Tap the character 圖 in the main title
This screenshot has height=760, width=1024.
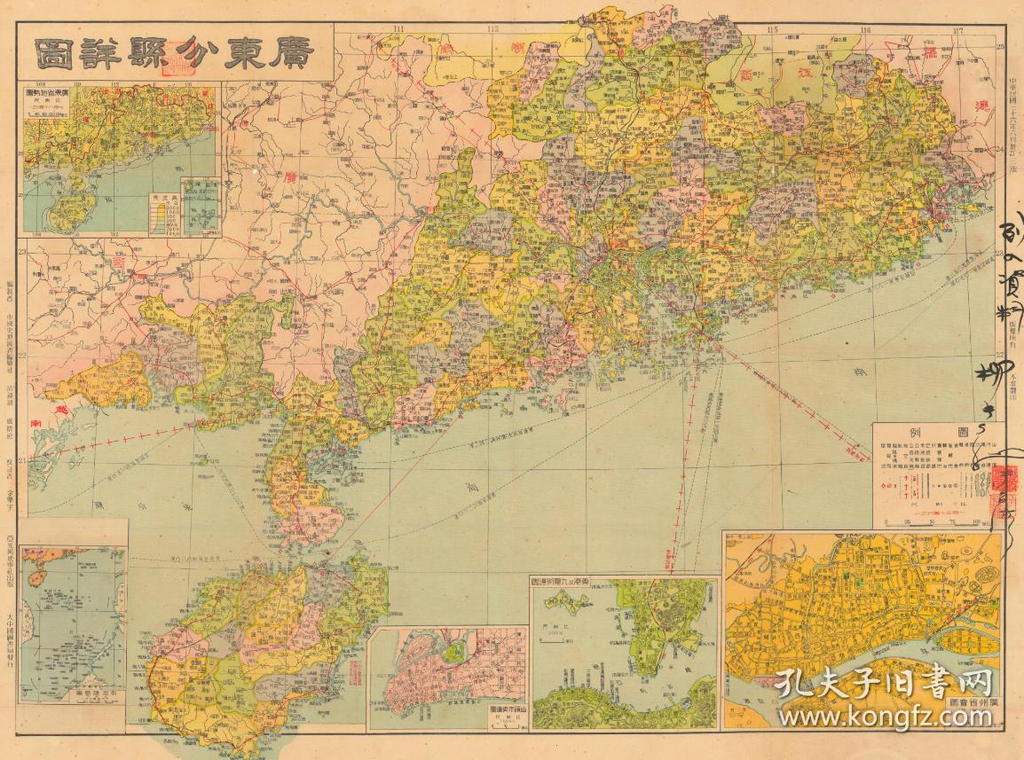pos(56,55)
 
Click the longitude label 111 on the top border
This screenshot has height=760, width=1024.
pos(398,30)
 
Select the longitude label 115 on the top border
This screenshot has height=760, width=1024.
pos(773,31)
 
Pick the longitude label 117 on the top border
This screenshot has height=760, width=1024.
pos(957,31)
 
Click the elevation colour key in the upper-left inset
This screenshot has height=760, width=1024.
pos(163,213)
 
